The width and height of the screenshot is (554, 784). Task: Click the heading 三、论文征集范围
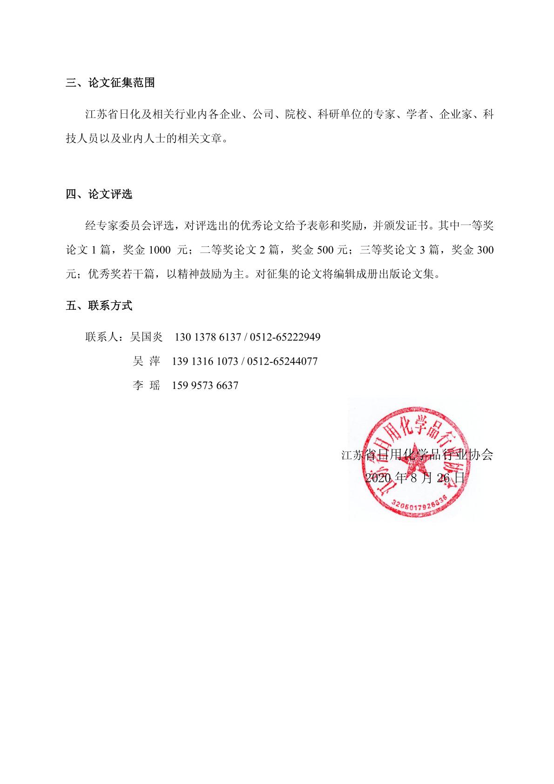[110, 83]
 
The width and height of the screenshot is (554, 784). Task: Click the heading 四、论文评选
[99, 194]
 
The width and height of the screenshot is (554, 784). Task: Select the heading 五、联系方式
[99, 306]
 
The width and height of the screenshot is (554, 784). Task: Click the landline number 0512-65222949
[285, 337]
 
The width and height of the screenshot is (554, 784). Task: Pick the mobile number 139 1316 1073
[205, 361]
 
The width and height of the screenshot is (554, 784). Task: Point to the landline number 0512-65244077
[282, 361]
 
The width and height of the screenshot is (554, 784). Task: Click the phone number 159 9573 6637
[205, 385]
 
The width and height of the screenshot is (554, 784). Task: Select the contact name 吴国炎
[147, 337]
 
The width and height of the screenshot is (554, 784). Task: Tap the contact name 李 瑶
[147, 385]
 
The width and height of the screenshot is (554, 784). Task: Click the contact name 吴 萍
[147, 361]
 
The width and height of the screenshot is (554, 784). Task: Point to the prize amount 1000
[160, 250]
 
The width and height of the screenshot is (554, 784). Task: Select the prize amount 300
[485, 250]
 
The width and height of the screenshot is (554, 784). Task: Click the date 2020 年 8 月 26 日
[415, 478]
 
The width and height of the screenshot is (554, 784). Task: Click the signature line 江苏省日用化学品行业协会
[417, 455]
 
